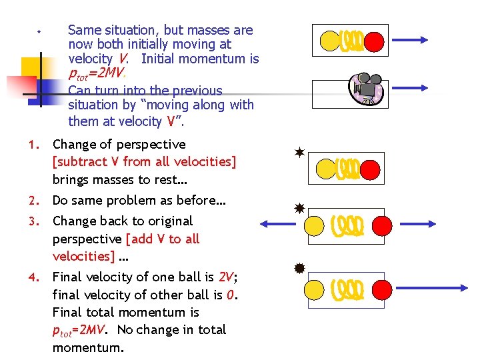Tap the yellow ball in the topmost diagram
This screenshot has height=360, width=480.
329,42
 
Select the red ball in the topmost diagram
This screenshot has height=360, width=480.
374,42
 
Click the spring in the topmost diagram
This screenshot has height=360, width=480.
351,42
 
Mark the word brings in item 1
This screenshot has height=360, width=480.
72,179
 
